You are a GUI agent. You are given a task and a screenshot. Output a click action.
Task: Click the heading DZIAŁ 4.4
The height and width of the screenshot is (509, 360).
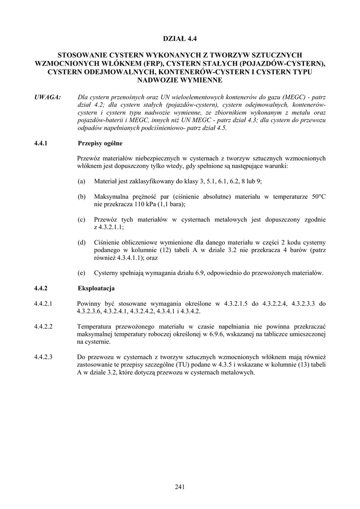coord(180,38)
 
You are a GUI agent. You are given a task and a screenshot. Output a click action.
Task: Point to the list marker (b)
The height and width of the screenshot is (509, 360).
coord(82,197)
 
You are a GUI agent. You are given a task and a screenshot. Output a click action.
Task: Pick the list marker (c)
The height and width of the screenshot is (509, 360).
coord(82,219)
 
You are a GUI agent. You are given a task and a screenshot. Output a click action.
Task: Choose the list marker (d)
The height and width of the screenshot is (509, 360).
coord(82,242)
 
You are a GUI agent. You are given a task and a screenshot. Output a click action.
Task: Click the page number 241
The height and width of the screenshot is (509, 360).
coord(180,487)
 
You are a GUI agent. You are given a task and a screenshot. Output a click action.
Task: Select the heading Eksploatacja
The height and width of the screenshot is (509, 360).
coord(96,288)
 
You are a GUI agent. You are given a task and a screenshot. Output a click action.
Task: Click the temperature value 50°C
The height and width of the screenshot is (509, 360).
coord(316,197)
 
